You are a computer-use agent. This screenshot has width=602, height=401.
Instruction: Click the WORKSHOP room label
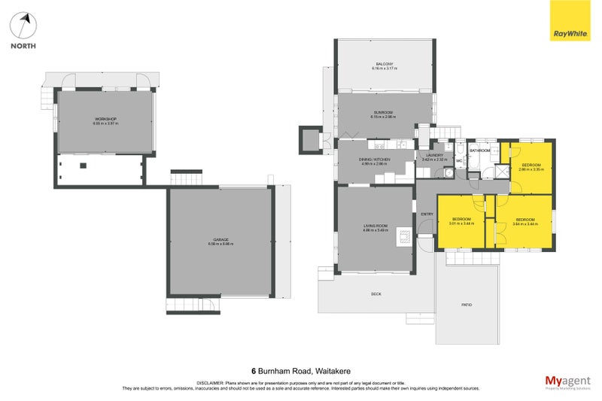click(x=105, y=120)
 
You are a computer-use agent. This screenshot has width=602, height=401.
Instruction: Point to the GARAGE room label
click(x=220, y=239)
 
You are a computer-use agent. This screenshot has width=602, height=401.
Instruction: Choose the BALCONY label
click(x=385, y=64)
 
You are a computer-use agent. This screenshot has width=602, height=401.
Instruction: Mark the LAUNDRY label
click(x=435, y=155)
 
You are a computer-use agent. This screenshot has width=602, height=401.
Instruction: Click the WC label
click(x=458, y=161)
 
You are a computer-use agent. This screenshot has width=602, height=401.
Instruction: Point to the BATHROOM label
click(x=480, y=150)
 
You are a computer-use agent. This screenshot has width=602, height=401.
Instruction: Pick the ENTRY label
click(x=427, y=214)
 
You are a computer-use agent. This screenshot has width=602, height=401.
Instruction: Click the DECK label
click(x=375, y=293)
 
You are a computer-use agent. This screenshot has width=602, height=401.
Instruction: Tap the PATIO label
click(x=467, y=305)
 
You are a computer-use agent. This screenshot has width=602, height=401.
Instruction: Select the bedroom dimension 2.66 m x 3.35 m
click(x=531, y=169)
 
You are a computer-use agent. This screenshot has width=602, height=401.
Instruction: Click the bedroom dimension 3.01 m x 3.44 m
click(x=461, y=223)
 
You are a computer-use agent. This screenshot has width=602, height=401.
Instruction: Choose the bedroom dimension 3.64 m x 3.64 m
click(x=525, y=223)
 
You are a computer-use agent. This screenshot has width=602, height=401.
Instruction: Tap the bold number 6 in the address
click(x=254, y=371)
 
